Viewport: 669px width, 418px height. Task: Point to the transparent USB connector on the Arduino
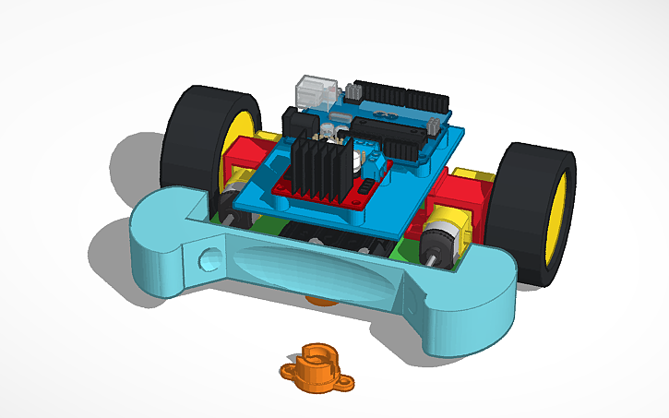pos(313,92)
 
